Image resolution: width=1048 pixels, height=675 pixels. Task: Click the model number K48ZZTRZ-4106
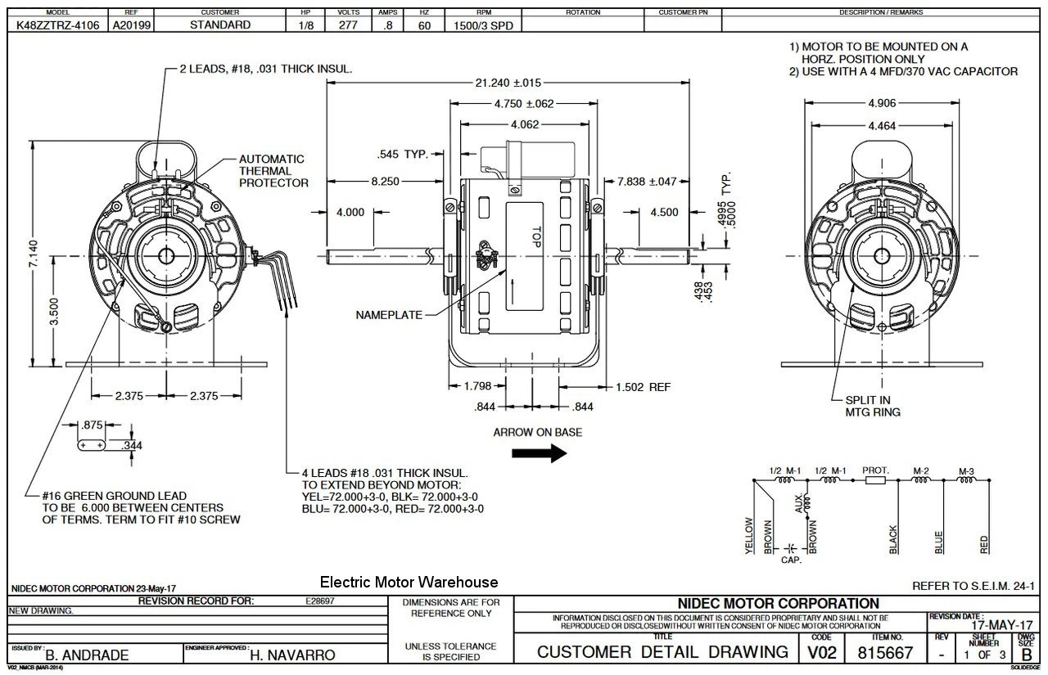[58, 25]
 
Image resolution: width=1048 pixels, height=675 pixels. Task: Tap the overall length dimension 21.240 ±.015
[508, 83]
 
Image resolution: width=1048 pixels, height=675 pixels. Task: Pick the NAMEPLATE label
[390, 314]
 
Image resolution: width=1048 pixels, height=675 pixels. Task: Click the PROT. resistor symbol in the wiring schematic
[874, 481]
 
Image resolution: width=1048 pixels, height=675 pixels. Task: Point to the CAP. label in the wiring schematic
[791, 560]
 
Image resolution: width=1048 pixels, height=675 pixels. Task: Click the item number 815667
[885, 653]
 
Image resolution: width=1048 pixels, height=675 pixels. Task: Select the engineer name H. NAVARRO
[292, 655]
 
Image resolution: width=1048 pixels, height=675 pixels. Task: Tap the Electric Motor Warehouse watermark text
[409, 583]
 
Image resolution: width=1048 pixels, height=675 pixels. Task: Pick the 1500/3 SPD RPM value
[483, 25]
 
